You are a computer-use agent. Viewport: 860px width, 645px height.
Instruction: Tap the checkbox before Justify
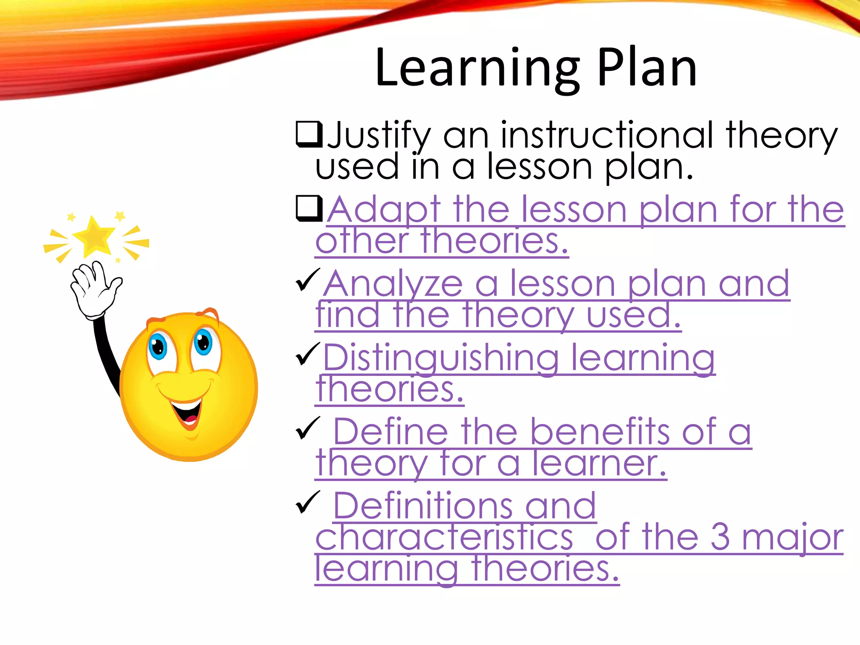coord(309,134)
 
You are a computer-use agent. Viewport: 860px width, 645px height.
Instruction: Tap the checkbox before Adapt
coord(309,208)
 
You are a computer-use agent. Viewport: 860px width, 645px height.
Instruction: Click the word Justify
coord(378,136)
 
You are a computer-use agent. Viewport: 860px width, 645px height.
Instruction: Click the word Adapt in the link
coord(383,210)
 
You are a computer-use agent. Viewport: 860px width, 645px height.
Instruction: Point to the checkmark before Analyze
coord(308,280)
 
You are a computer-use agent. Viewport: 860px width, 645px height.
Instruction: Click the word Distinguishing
coord(440,358)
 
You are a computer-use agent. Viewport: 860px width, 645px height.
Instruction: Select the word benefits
coord(599,432)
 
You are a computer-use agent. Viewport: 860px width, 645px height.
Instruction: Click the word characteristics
coord(444,538)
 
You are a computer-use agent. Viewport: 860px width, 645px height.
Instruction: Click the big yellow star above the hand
coord(94,237)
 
